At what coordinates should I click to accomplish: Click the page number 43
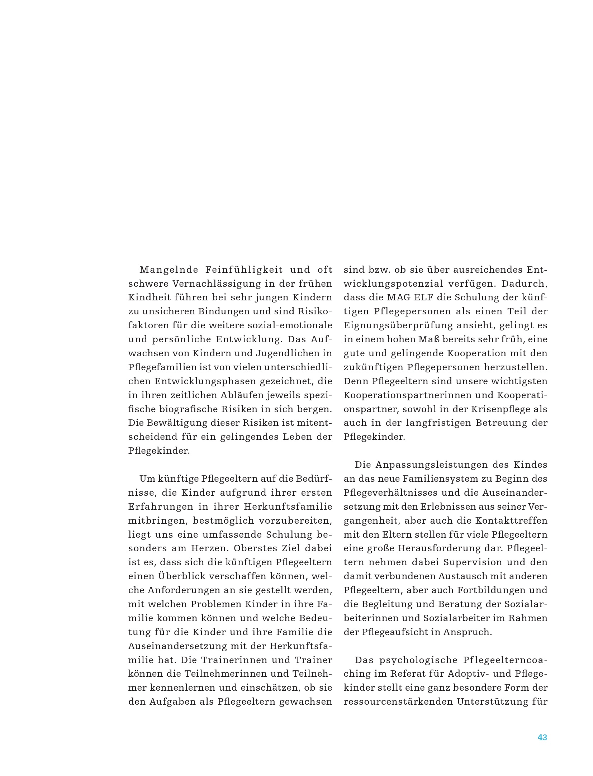(x=542, y=737)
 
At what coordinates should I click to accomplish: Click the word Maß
(x=425, y=339)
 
